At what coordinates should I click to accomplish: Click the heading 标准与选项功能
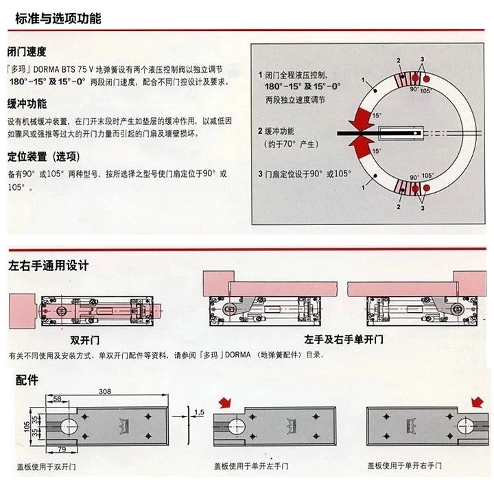coord(58,19)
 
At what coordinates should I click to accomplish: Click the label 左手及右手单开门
coord(344,340)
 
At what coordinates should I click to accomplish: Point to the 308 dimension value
coord(104,391)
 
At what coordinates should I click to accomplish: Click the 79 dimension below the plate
coord(61,449)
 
